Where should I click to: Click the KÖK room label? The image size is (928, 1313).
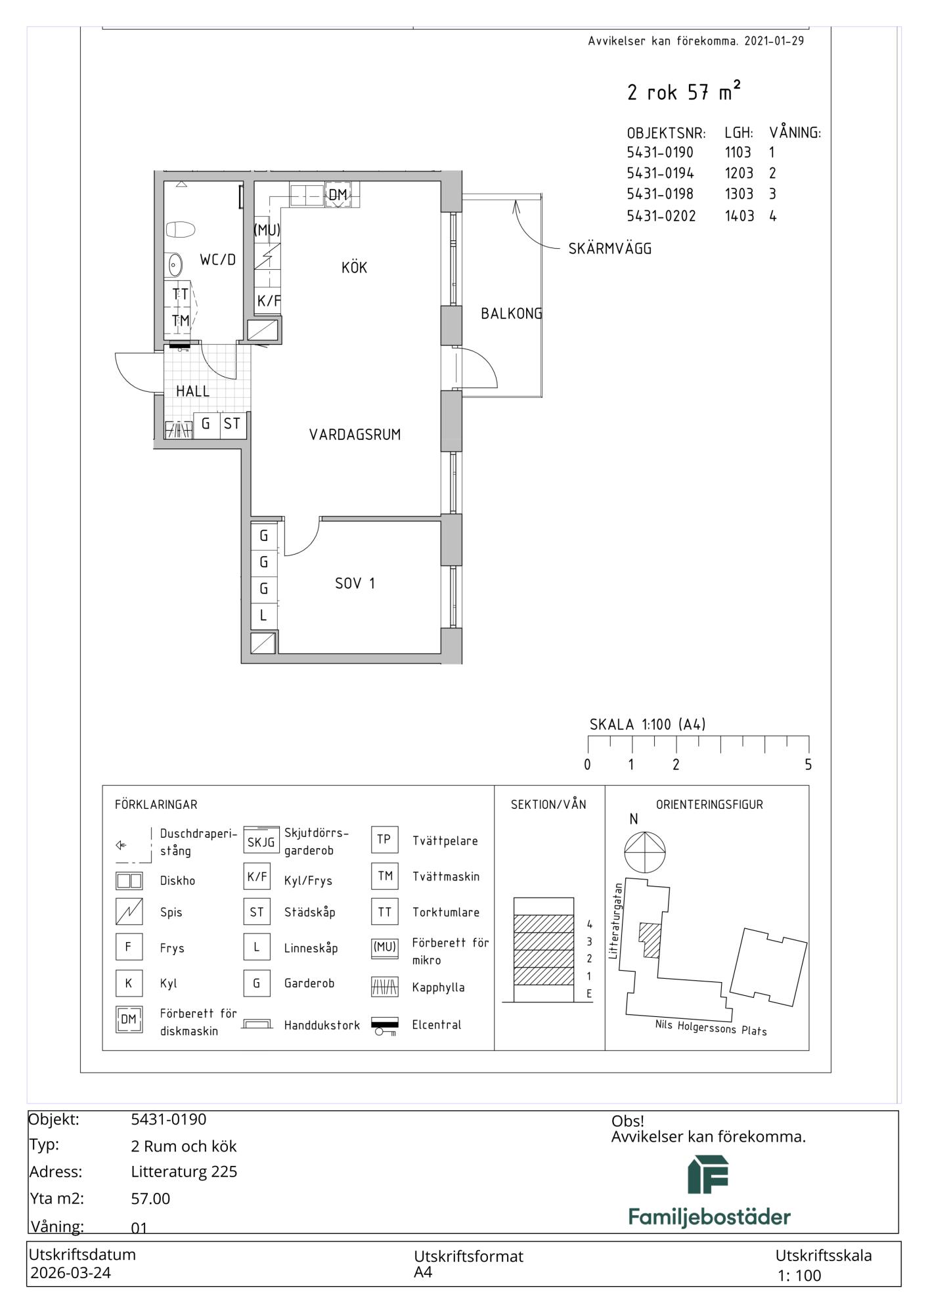[354, 267]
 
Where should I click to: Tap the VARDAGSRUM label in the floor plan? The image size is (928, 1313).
[355, 435]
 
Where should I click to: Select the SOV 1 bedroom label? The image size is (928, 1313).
[355, 583]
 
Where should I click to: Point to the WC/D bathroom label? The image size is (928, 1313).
[217, 259]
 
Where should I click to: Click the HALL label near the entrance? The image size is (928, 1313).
[192, 391]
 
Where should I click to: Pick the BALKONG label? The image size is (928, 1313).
[512, 314]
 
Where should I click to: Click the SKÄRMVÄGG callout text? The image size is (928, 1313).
[610, 249]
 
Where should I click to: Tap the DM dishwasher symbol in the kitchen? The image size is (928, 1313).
[338, 194]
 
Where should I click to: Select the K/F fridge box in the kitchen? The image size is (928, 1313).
[269, 301]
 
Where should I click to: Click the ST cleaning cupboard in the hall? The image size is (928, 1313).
[232, 424]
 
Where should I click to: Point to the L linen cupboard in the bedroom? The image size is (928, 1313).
[263, 616]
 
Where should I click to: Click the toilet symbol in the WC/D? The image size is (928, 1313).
[181, 230]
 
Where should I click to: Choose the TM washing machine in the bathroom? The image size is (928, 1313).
[181, 320]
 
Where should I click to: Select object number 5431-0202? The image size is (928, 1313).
[661, 216]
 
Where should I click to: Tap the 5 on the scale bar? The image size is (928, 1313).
[808, 765]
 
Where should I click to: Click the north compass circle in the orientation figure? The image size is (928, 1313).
[645, 853]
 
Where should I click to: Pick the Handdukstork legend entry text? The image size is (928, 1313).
[322, 1025]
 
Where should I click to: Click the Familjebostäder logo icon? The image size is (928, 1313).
[708, 1175]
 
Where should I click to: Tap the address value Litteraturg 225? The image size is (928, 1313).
[184, 1172]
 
